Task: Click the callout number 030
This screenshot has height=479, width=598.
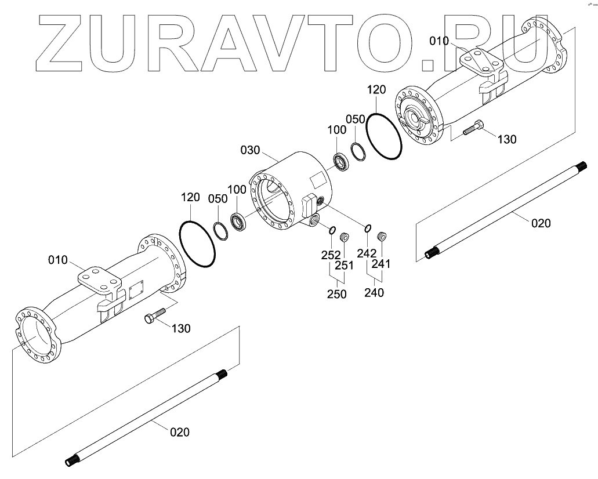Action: [251, 150]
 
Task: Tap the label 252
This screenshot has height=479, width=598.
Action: [332, 255]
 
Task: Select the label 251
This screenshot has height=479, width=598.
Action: [344, 265]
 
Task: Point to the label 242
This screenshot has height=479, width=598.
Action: [367, 253]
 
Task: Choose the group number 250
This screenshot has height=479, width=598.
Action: [336, 294]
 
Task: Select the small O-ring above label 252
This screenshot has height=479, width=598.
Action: [332, 231]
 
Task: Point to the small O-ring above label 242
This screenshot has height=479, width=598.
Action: [368, 227]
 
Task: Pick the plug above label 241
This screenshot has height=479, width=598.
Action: [382, 236]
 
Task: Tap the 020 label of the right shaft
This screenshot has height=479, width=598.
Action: [541, 222]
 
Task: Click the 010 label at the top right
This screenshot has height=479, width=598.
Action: [440, 41]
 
